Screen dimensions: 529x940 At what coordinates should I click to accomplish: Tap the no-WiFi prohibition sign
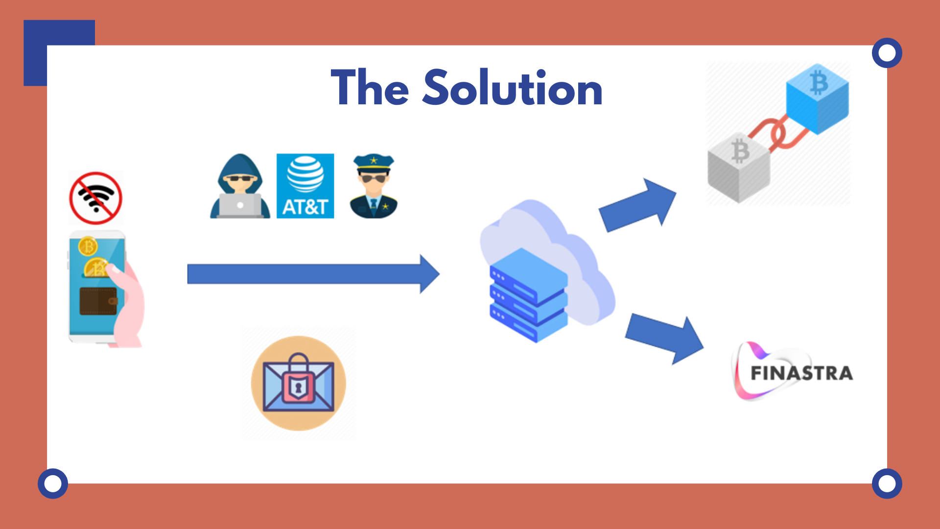tap(95, 198)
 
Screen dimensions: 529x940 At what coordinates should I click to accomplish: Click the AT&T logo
tap(305, 186)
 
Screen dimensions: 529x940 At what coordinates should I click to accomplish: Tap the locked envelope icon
tap(298, 383)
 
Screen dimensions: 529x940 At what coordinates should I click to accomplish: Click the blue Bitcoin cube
tap(817, 98)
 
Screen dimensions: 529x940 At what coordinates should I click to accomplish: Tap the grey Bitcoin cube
tap(739, 167)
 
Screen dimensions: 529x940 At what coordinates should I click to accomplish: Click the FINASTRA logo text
tap(801, 373)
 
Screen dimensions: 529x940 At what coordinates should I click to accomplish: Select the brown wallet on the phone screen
tap(98, 300)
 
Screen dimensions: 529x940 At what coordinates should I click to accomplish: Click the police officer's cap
tap(374, 162)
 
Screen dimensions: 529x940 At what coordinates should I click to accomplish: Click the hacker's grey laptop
tap(240, 205)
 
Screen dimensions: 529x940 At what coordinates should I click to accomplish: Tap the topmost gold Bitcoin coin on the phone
tap(88, 246)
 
